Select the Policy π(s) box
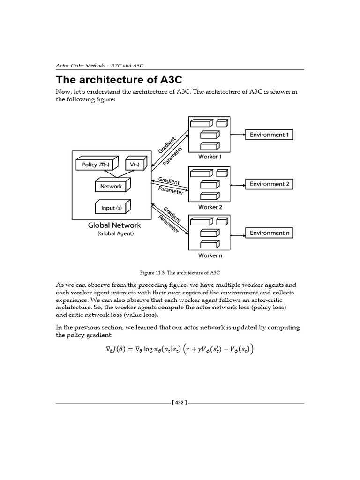click(96, 165)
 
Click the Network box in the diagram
click(111, 186)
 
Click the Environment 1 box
click(270, 135)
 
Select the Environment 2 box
click(270, 184)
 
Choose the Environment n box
click(270, 233)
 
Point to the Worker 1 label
click(208, 157)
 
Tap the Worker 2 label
click(208, 207)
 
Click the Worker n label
click(208, 255)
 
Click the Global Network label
click(114, 225)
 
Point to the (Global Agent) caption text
click(115, 233)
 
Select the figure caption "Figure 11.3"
click(180, 272)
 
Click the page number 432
click(180, 403)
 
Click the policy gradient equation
click(180, 349)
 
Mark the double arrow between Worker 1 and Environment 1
click(238, 135)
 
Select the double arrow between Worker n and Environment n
click(238, 233)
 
